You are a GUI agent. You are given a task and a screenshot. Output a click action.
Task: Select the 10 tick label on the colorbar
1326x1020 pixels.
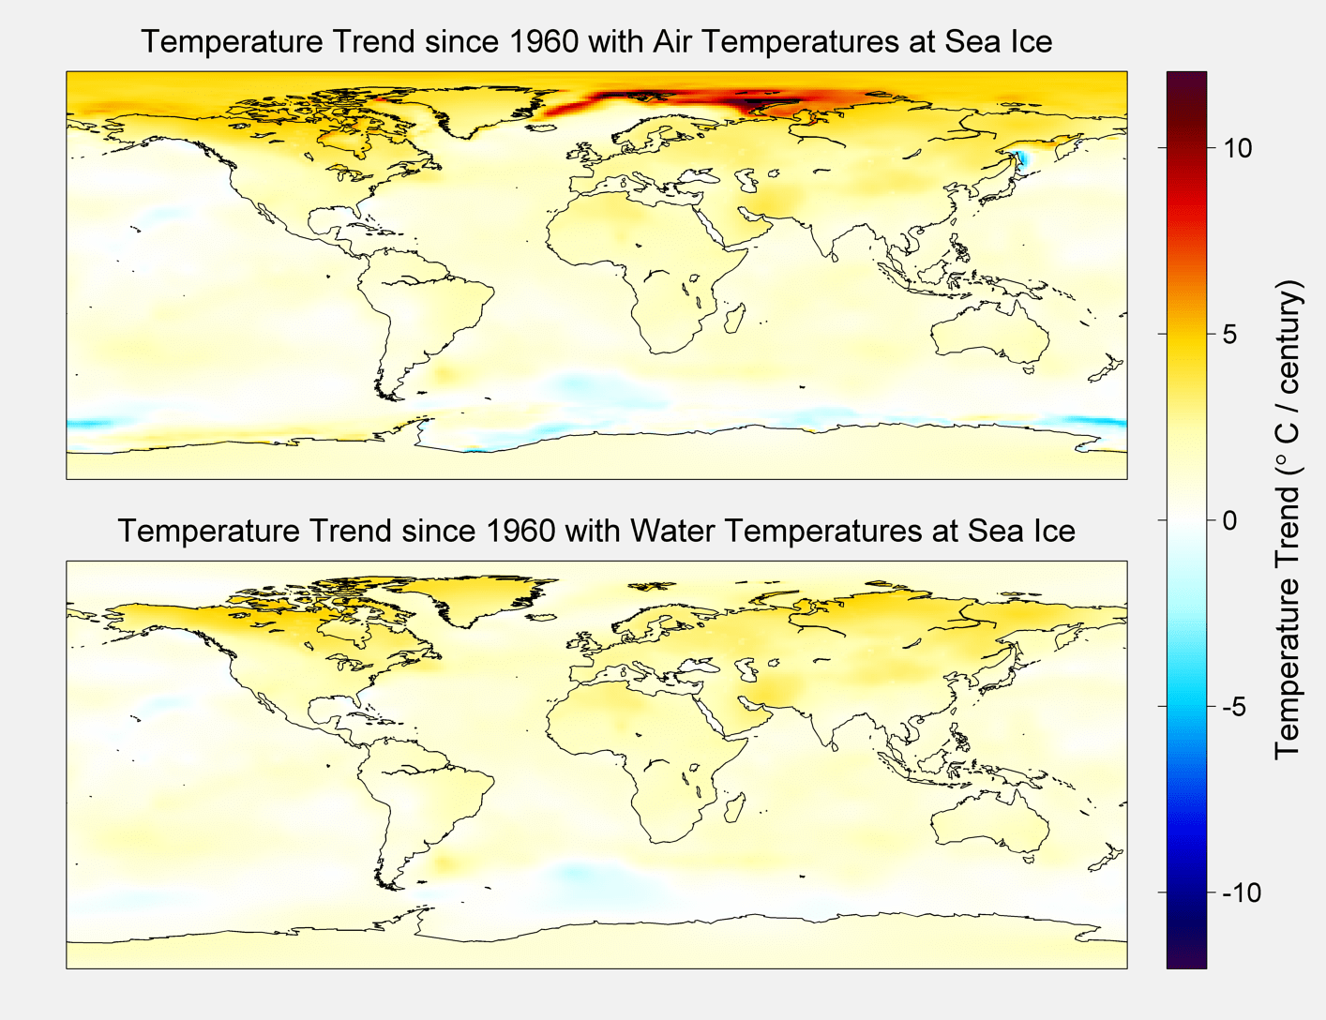pyautogui.click(x=1236, y=148)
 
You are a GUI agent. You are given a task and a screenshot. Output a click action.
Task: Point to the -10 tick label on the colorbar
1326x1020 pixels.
pyautogui.click(x=1242, y=892)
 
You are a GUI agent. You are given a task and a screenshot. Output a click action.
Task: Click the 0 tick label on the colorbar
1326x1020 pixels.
pyautogui.click(x=1229, y=520)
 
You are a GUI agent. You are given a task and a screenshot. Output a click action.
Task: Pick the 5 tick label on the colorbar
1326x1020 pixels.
pyautogui.click(x=1229, y=335)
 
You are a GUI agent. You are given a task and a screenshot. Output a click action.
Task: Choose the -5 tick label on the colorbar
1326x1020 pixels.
pyautogui.click(x=1235, y=707)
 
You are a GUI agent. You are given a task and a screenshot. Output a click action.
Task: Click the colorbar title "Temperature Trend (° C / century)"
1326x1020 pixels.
pyautogui.click(x=1288, y=520)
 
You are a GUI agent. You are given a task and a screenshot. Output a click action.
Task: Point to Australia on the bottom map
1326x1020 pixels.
pyautogui.click(x=989, y=825)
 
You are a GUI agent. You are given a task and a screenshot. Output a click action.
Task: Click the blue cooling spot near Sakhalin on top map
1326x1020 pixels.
pyautogui.click(x=1021, y=158)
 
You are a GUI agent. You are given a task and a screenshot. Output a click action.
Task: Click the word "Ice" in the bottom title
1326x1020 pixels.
pyautogui.click(x=1053, y=532)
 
